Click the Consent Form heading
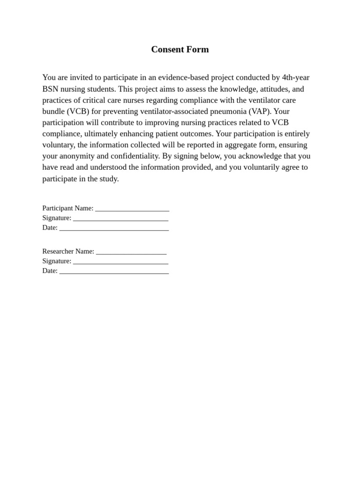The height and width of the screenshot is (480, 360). [x=180, y=50]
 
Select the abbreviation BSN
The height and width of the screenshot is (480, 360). [x=50, y=89]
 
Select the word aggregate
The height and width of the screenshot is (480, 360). [x=241, y=145]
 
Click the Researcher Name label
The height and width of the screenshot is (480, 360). [x=68, y=251]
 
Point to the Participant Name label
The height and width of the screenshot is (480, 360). [x=67, y=208]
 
